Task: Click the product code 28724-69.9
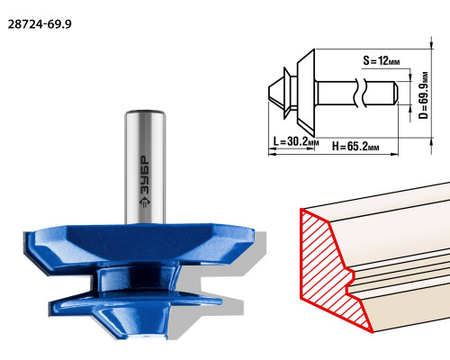(x=40, y=24)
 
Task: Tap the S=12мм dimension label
(x=382, y=60)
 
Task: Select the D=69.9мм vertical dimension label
(x=424, y=95)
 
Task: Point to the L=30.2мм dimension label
(x=296, y=141)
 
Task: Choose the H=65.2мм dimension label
(x=355, y=147)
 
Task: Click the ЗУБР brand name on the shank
(x=145, y=175)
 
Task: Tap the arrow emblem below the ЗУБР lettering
(x=145, y=202)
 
